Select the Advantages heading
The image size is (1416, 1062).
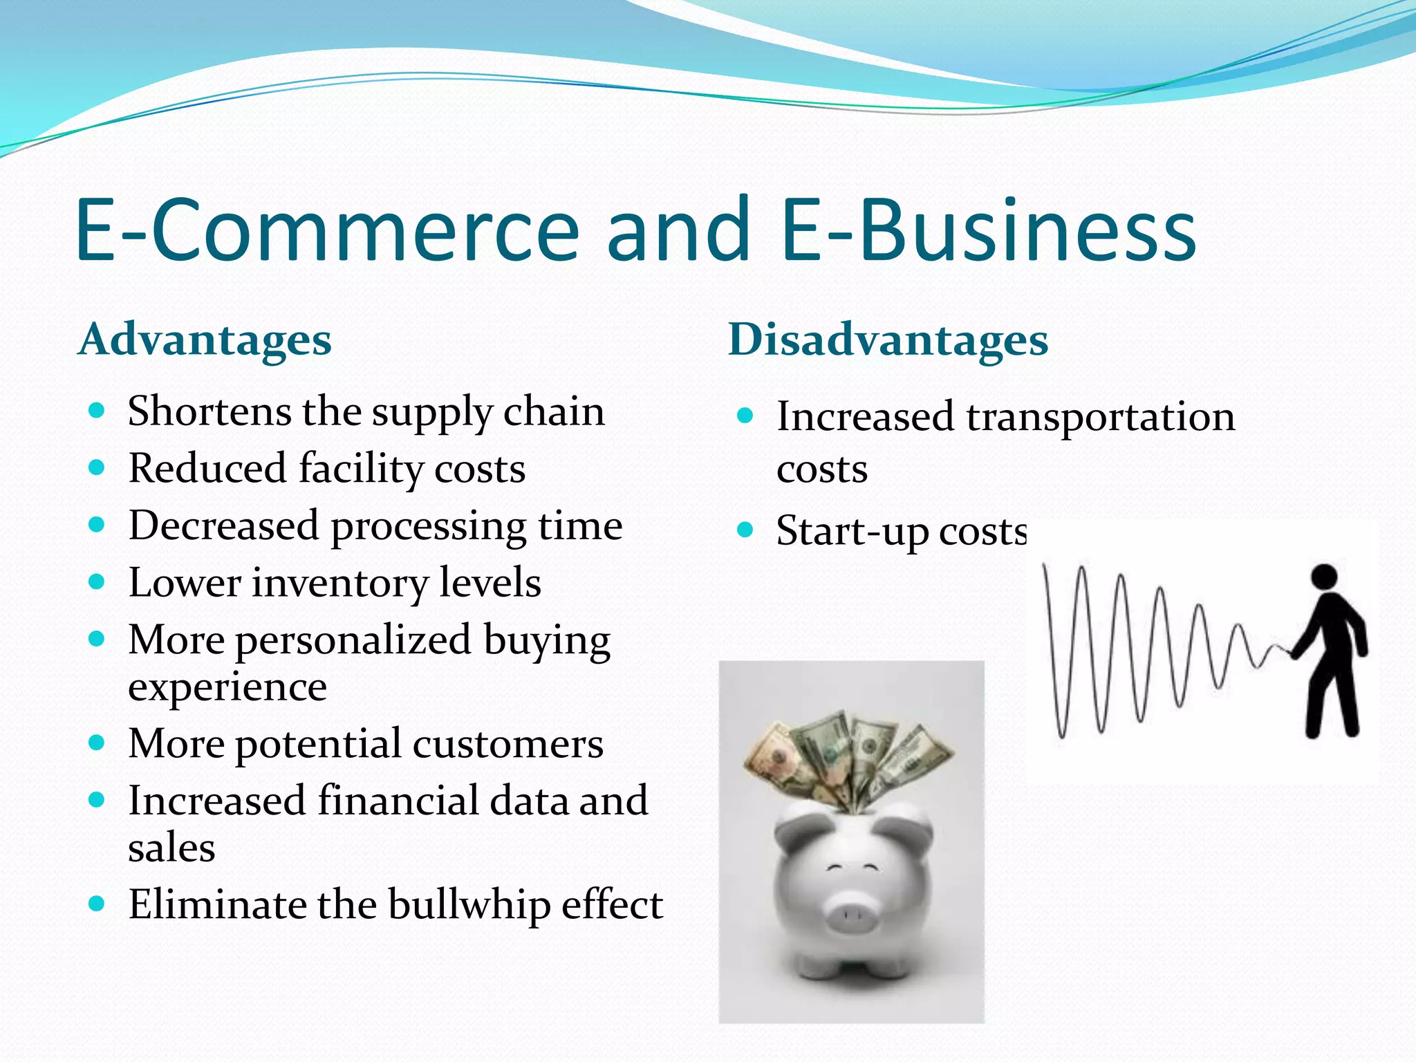pos(205,340)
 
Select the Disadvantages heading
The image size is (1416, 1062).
pos(888,340)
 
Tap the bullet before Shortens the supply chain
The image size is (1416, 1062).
pos(97,411)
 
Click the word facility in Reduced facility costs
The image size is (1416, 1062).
pos(360,469)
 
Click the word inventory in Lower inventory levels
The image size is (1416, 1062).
pos(339,583)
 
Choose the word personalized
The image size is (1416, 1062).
pos(353,640)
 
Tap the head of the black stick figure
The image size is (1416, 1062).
pos(1324,577)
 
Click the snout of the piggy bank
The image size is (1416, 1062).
pos(852,916)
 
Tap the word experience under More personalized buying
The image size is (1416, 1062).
pos(227,687)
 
